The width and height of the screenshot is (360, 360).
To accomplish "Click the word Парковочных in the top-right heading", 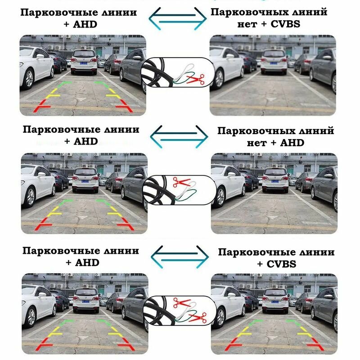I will (x=243, y=11).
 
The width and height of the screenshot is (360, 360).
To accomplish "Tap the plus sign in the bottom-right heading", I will (x=261, y=264).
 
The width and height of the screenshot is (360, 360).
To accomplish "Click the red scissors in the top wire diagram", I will (x=195, y=80).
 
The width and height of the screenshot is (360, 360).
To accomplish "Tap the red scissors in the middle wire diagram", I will (x=182, y=182).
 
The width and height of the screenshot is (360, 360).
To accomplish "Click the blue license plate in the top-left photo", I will (x=84, y=63).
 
